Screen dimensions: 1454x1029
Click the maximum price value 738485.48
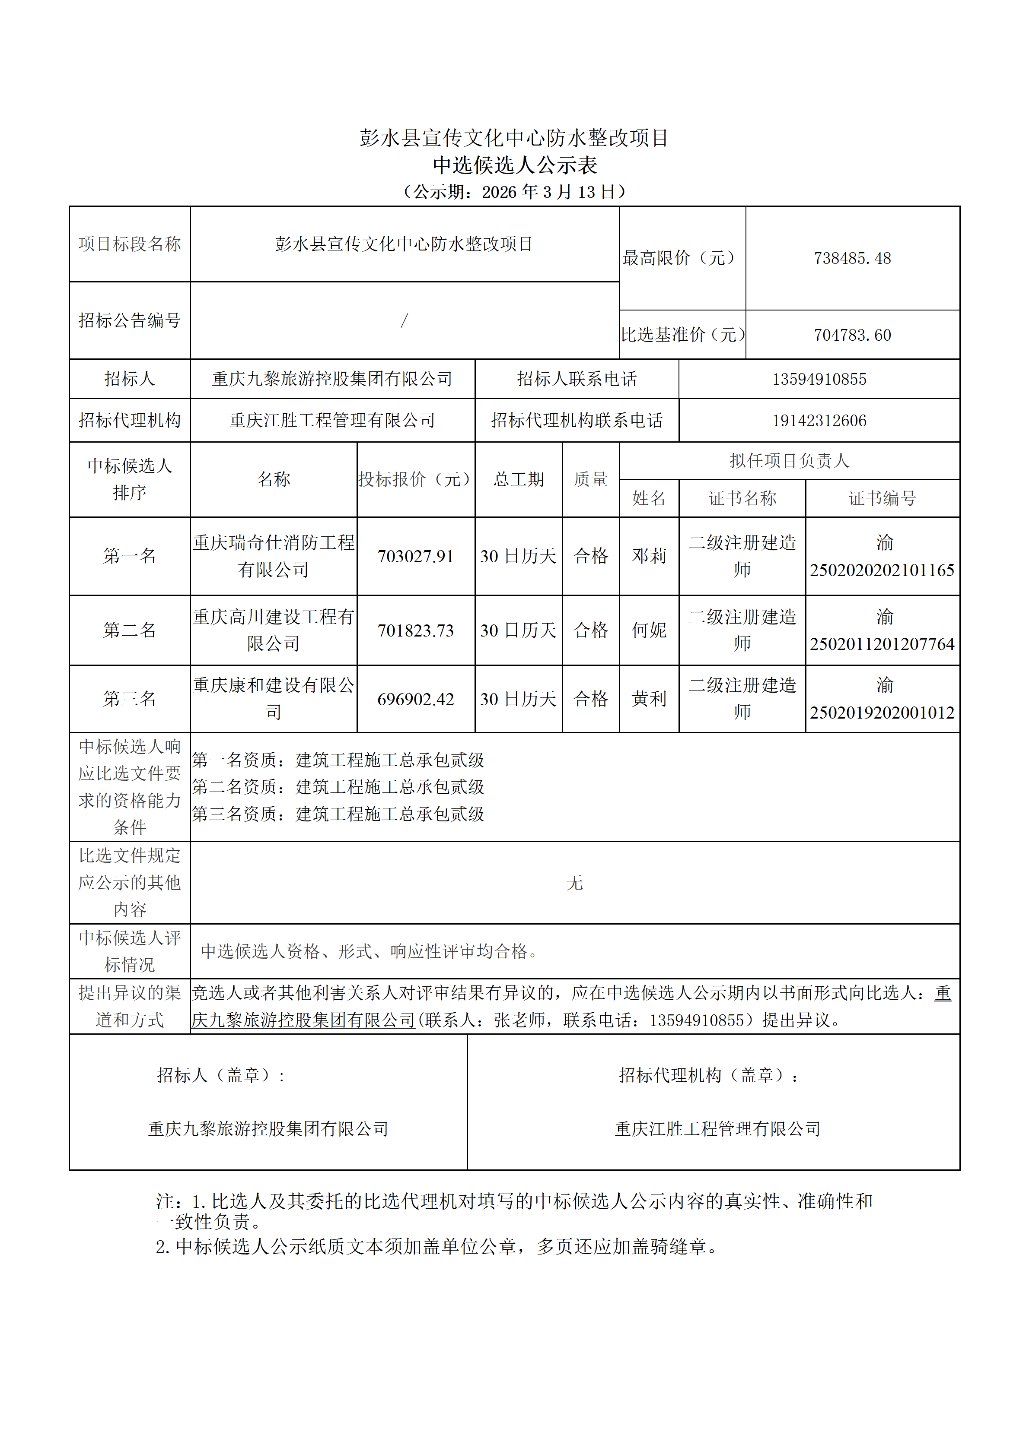(x=852, y=258)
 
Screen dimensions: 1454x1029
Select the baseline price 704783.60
(x=852, y=335)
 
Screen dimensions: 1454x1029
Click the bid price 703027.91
(x=416, y=557)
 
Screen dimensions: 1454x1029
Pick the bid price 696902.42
(x=416, y=699)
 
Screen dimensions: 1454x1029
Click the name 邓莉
(x=649, y=556)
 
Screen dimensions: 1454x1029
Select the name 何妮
(x=649, y=630)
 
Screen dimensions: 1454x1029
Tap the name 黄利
(x=649, y=699)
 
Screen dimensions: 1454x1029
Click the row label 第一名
(x=129, y=556)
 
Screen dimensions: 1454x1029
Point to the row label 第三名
(x=129, y=699)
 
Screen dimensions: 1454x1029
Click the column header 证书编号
(x=882, y=498)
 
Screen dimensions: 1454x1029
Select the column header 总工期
(x=518, y=479)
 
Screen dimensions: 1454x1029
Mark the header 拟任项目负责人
(x=789, y=460)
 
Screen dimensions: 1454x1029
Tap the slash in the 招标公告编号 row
(x=404, y=320)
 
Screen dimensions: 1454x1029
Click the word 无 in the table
(x=574, y=883)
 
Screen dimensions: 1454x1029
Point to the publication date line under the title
(x=514, y=192)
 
